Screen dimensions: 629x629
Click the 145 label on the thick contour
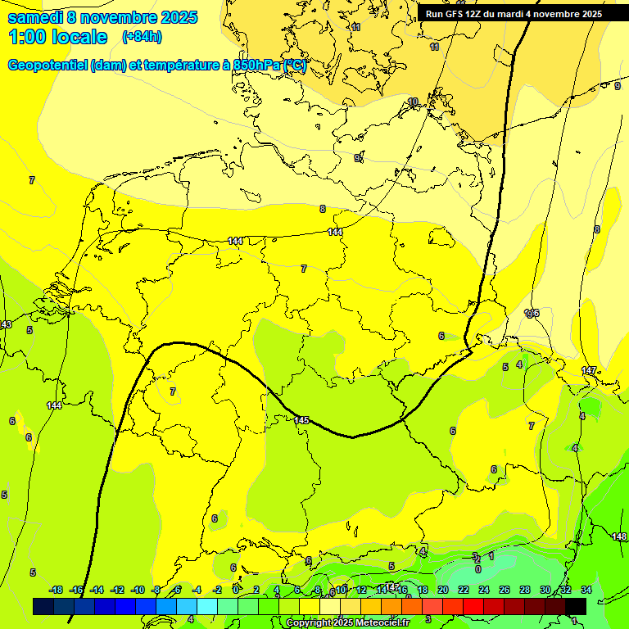click(x=301, y=420)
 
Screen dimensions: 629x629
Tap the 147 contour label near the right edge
click(x=589, y=371)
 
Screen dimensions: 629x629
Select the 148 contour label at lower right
click(x=619, y=536)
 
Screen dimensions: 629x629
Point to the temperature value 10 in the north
click(x=413, y=102)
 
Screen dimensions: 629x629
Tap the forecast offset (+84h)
click(x=142, y=37)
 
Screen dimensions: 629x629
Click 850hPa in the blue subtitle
click(x=256, y=66)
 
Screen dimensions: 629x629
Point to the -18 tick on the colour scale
click(x=57, y=590)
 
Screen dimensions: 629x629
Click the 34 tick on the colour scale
click(x=586, y=590)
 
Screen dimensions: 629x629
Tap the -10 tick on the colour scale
click(x=138, y=590)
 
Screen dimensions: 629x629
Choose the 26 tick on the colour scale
click(x=505, y=590)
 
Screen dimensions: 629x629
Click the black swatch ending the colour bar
click(x=576, y=606)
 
